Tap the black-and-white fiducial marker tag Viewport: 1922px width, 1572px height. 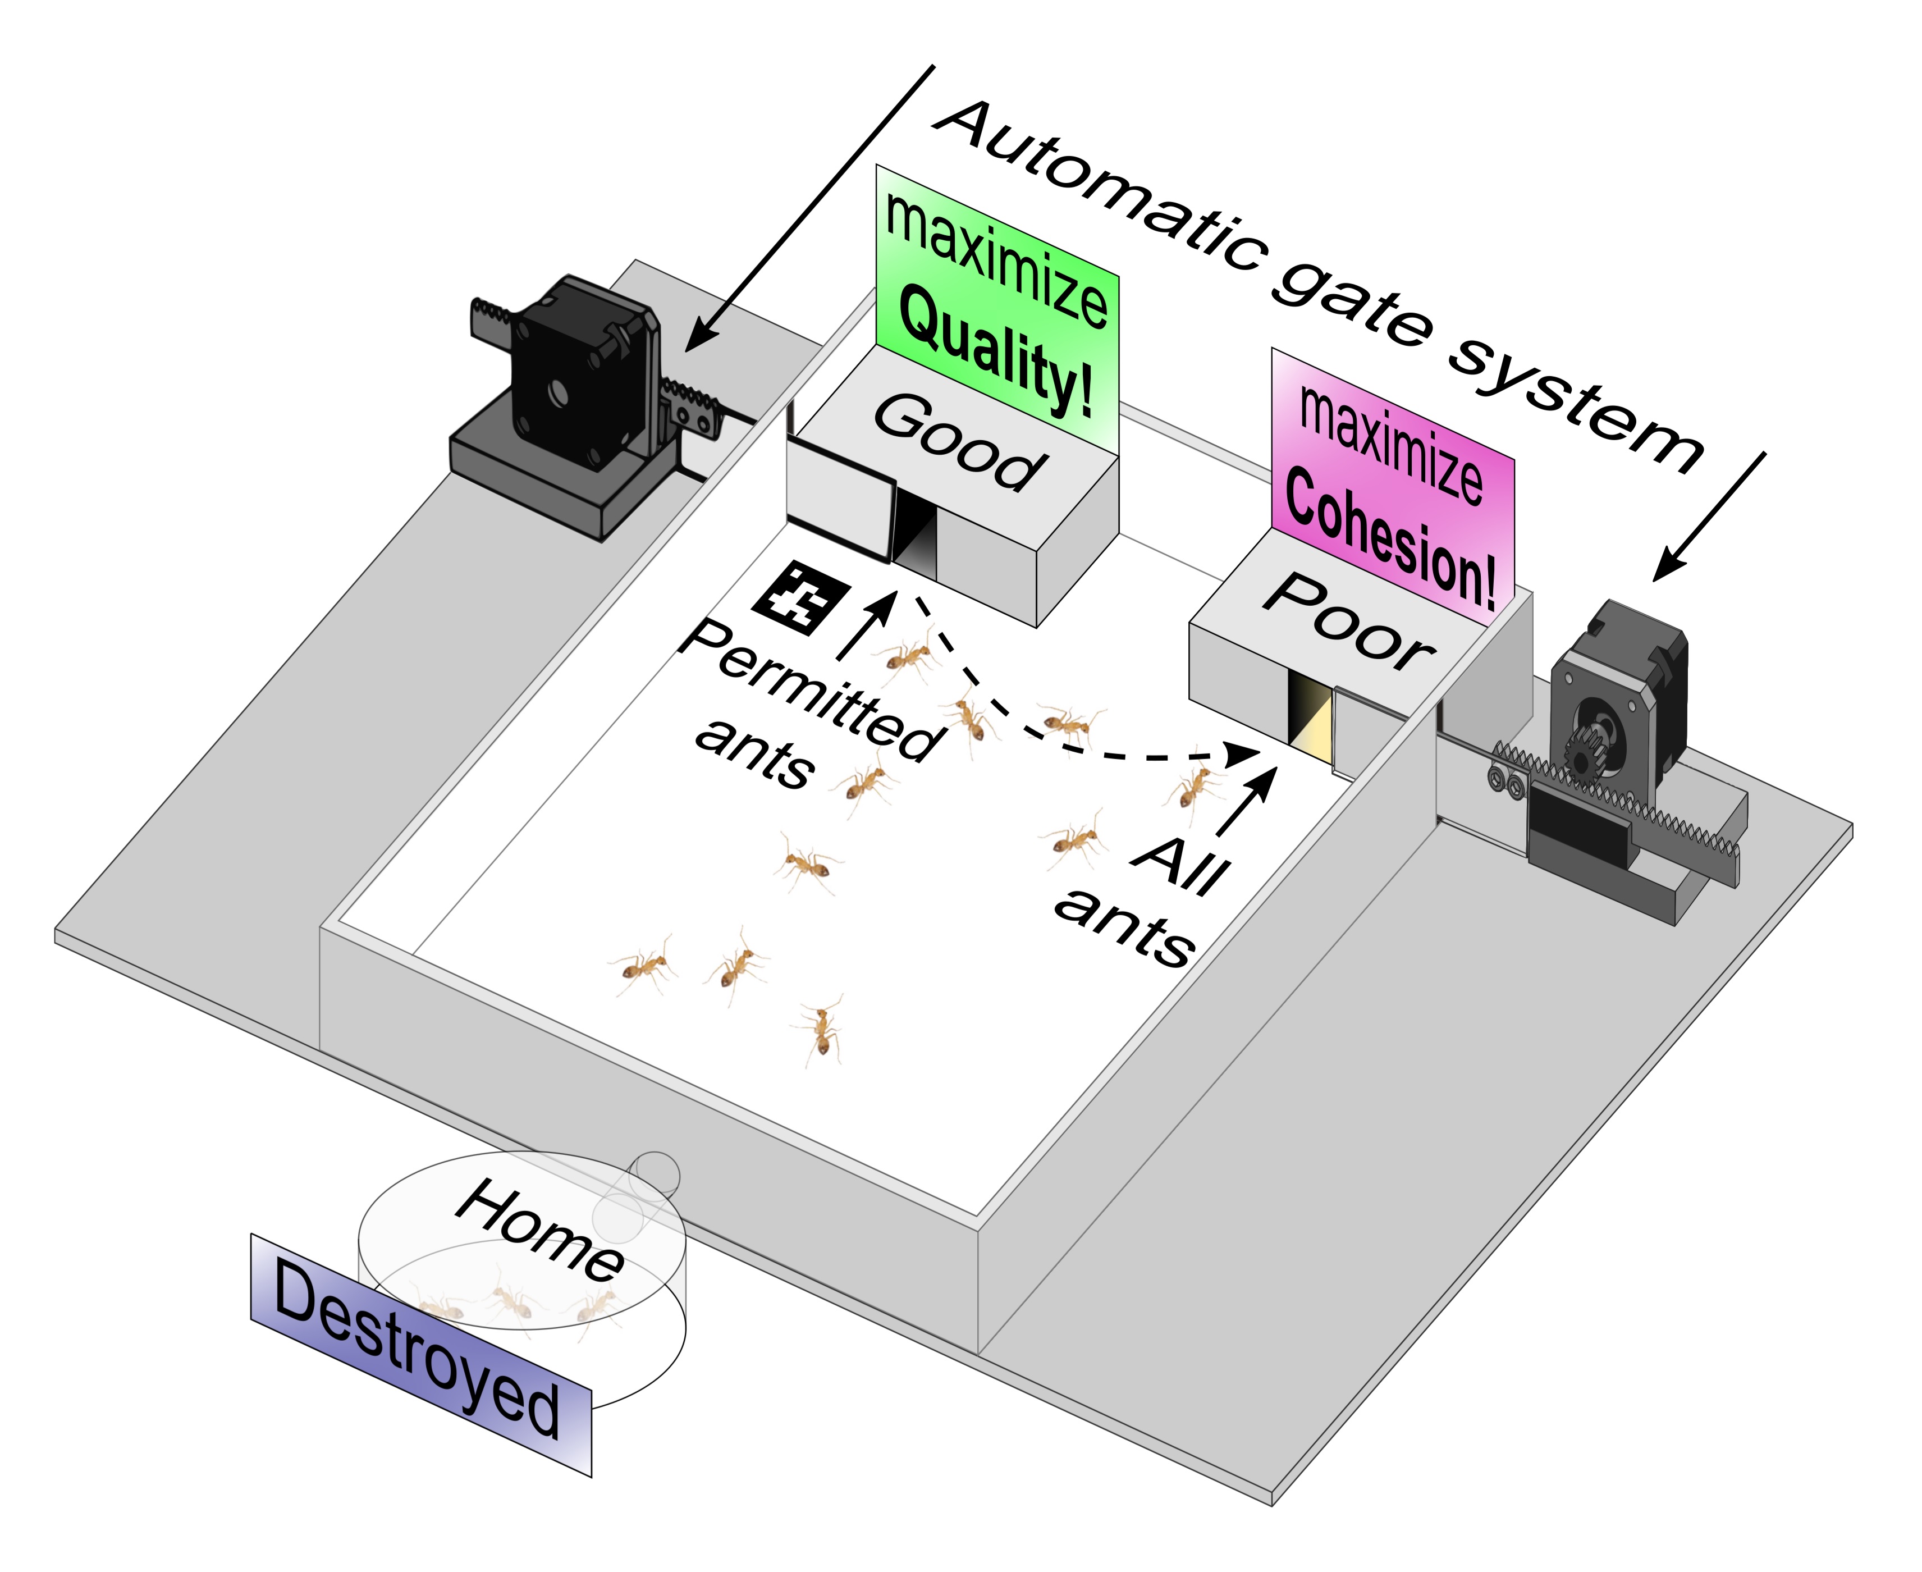pos(801,596)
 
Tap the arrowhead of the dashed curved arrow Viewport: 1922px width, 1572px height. pos(1241,752)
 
